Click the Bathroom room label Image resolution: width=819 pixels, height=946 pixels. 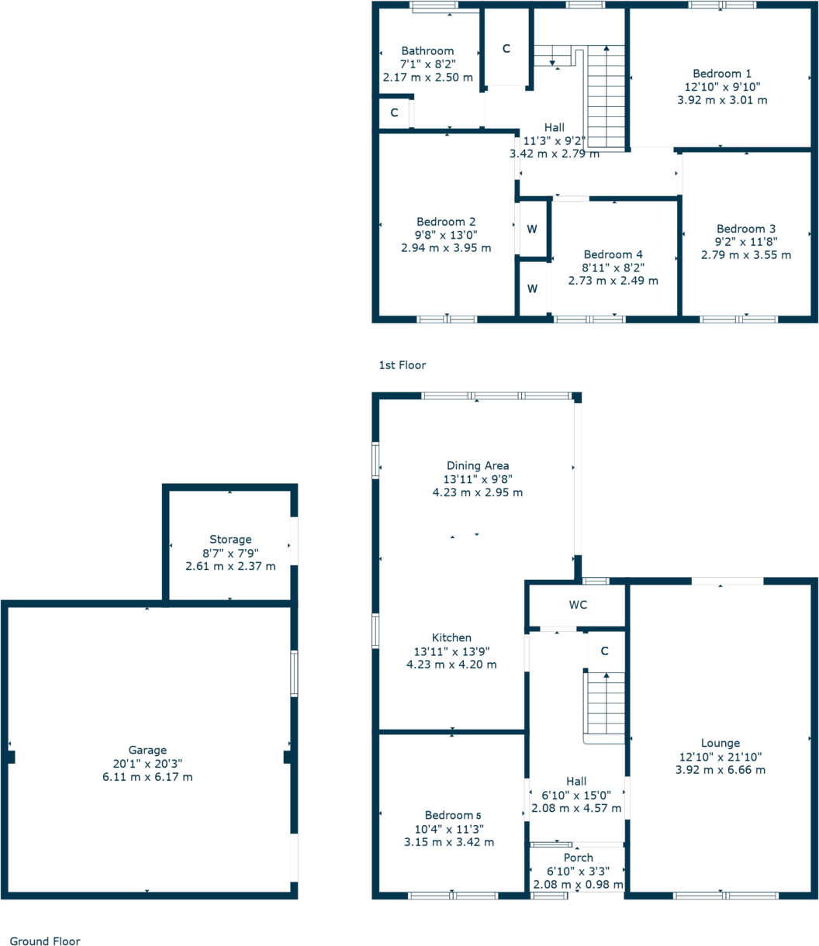pyautogui.click(x=427, y=51)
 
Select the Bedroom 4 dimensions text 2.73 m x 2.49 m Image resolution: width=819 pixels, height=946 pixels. pyautogui.click(x=613, y=281)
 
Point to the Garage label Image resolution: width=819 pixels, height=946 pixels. pyautogui.click(x=147, y=750)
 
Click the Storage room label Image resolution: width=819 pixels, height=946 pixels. pyautogui.click(x=230, y=539)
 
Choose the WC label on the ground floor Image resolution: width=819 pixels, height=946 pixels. pyautogui.click(x=576, y=604)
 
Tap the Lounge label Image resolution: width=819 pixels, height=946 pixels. pyautogui.click(x=721, y=743)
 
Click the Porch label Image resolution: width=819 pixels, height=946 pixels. pyautogui.click(x=578, y=857)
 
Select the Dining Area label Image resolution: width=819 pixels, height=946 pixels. pyautogui.click(x=477, y=465)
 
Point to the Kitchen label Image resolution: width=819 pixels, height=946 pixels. pyautogui.click(x=452, y=637)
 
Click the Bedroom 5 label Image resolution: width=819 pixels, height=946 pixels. pyautogui.click(x=453, y=815)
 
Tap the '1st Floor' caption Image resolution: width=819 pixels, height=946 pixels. pyautogui.click(x=402, y=364)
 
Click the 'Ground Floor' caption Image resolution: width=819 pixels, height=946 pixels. pyautogui.click(x=45, y=941)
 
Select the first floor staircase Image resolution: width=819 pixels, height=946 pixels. pyautogui.click(x=606, y=96)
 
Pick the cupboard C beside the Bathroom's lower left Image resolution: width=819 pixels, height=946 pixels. pyautogui.click(x=394, y=113)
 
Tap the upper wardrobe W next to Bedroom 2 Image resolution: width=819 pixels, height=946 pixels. pyautogui.click(x=532, y=229)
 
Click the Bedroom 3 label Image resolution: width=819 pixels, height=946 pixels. pyautogui.click(x=745, y=229)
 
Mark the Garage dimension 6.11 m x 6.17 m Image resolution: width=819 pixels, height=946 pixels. pyautogui.click(x=147, y=776)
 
